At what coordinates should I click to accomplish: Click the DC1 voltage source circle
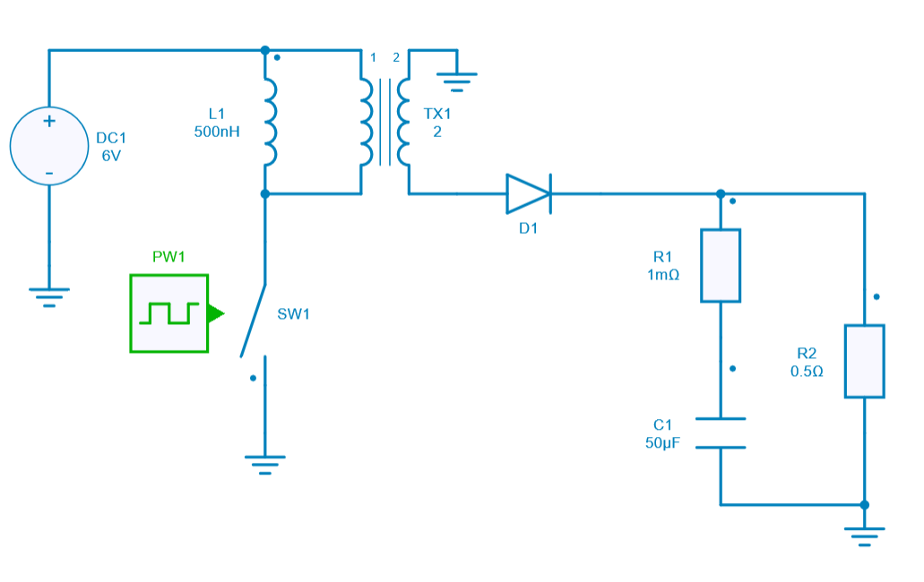(x=48, y=147)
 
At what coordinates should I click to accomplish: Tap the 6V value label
(x=111, y=155)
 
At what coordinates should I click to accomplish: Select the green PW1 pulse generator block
(x=168, y=313)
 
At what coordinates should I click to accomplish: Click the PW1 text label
(x=168, y=257)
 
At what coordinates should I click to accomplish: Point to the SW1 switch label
(x=293, y=314)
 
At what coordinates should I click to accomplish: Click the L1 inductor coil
(x=270, y=122)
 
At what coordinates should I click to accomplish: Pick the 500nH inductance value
(x=216, y=131)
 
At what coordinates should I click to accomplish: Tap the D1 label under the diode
(x=529, y=228)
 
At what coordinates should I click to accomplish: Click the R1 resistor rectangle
(x=721, y=265)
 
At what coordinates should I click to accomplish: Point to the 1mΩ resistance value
(x=663, y=275)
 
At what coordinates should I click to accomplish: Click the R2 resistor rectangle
(x=864, y=361)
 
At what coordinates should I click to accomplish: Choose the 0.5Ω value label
(x=807, y=371)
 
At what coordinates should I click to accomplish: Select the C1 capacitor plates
(x=721, y=432)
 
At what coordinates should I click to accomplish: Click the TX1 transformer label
(x=437, y=115)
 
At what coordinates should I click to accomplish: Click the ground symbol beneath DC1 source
(x=48, y=295)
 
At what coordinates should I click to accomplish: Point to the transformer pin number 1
(x=374, y=58)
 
